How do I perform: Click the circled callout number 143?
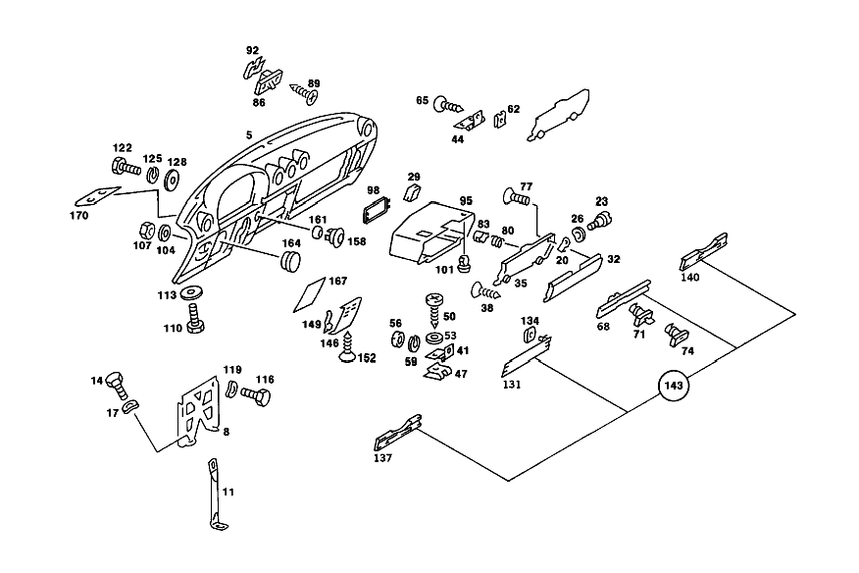(x=674, y=386)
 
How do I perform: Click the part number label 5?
(x=249, y=134)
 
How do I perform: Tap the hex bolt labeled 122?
(x=126, y=166)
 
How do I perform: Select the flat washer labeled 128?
(x=173, y=180)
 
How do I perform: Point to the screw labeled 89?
(x=304, y=94)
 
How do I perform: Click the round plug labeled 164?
(x=291, y=261)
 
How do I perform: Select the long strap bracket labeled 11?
(x=218, y=495)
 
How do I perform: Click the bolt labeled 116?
(x=256, y=395)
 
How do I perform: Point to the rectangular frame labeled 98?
(x=376, y=211)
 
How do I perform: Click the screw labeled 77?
(x=516, y=196)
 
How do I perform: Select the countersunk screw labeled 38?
(x=485, y=290)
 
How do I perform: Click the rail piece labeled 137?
(x=398, y=433)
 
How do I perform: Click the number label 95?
(x=466, y=201)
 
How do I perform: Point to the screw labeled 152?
(x=347, y=346)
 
